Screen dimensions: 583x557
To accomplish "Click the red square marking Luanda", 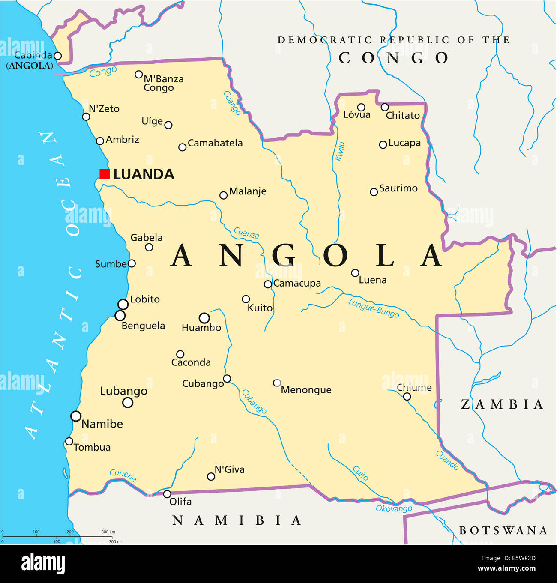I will [105, 174].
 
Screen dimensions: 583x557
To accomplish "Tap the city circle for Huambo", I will [204, 318].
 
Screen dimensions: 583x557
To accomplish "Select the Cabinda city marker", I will [57, 56].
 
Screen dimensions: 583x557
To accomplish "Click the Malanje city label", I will [248, 191].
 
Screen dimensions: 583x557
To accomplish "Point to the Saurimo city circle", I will [374, 192].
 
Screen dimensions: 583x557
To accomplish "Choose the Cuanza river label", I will [246, 233].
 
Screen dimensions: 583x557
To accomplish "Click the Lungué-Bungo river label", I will [373, 308].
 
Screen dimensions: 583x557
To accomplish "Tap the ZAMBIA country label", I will [502, 404].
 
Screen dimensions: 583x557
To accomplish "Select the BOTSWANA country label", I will [503, 531].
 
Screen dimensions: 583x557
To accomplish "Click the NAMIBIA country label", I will [237, 520].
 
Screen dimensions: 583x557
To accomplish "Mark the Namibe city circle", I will [76, 416].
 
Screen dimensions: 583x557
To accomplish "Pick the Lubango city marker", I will [128, 402].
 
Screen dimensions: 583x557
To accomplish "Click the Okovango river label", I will [394, 508].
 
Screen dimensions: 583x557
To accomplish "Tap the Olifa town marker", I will [167, 494].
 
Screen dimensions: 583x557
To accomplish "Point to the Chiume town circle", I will [407, 397].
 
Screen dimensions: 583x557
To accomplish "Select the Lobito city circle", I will [123, 304].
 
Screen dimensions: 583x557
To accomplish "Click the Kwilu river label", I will [340, 152].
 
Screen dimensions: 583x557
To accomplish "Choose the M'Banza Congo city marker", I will [138, 75].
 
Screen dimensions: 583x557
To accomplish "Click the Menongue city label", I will [306, 390].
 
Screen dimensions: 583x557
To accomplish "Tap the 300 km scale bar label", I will [108, 532].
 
